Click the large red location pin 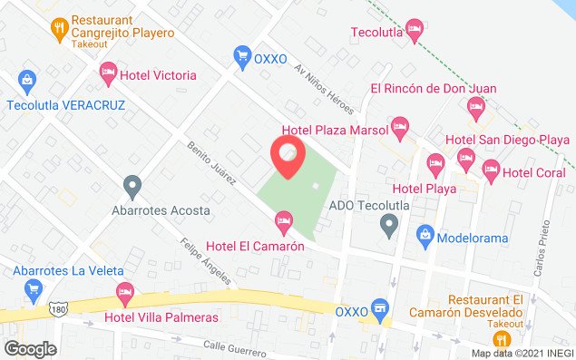[x=288, y=158]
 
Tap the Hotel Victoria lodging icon [x=108, y=71]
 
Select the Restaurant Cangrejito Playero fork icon [x=60, y=25]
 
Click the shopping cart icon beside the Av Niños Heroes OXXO [x=241, y=56]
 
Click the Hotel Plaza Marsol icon [x=398, y=125]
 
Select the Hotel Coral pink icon [x=491, y=168]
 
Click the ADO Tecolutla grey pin [x=390, y=222]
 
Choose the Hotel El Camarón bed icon [x=283, y=220]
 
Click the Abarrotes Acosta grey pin [x=133, y=187]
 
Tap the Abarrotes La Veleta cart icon [x=34, y=289]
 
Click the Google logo [x=30, y=348]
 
